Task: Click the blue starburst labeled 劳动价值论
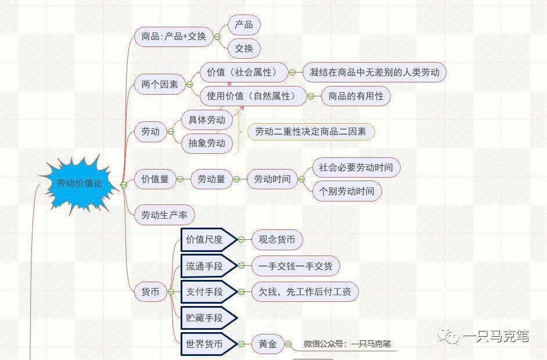[x=80, y=183]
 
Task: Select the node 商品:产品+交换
[x=174, y=37]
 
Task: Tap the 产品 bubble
[x=244, y=25]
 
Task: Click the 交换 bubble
[x=244, y=48]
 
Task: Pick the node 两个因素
[x=160, y=84]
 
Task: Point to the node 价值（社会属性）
[x=244, y=72]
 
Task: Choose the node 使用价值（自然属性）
[x=253, y=96]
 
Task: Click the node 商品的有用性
[x=355, y=96]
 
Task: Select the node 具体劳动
[x=207, y=120]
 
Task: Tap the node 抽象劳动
[x=207, y=143]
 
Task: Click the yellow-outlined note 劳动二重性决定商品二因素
[x=311, y=132]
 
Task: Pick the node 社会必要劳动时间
[x=356, y=167]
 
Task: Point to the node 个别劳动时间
[x=347, y=191]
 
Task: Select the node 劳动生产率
[x=164, y=215]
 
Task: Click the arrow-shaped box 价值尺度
[x=209, y=240]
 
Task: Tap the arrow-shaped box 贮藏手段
[x=209, y=318]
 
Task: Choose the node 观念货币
[x=277, y=240]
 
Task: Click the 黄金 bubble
[x=268, y=344]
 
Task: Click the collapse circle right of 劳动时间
[x=301, y=179]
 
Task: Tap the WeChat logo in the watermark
[x=449, y=336]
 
